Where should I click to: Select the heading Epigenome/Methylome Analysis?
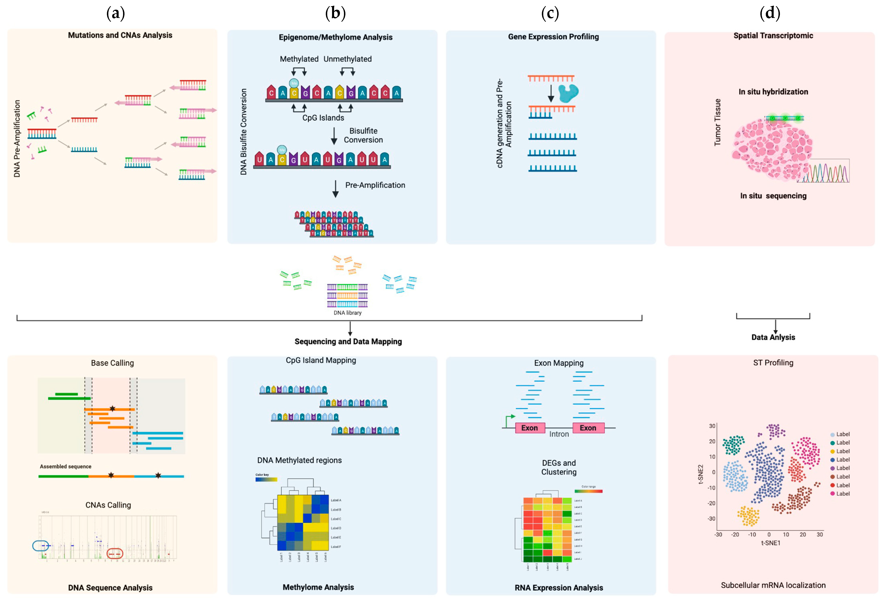click(x=335, y=37)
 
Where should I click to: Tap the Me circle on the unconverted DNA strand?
click(x=294, y=83)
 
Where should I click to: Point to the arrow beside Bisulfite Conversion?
click(x=334, y=136)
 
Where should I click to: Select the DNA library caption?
click(x=347, y=313)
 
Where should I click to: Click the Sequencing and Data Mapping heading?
click(x=348, y=341)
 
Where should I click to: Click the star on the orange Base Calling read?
click(x=112, y=409)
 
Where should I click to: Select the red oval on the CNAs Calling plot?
click(x=115, y=554)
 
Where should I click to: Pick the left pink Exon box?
click(x=530, y=428)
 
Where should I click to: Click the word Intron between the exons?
click(x=559, y=434)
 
